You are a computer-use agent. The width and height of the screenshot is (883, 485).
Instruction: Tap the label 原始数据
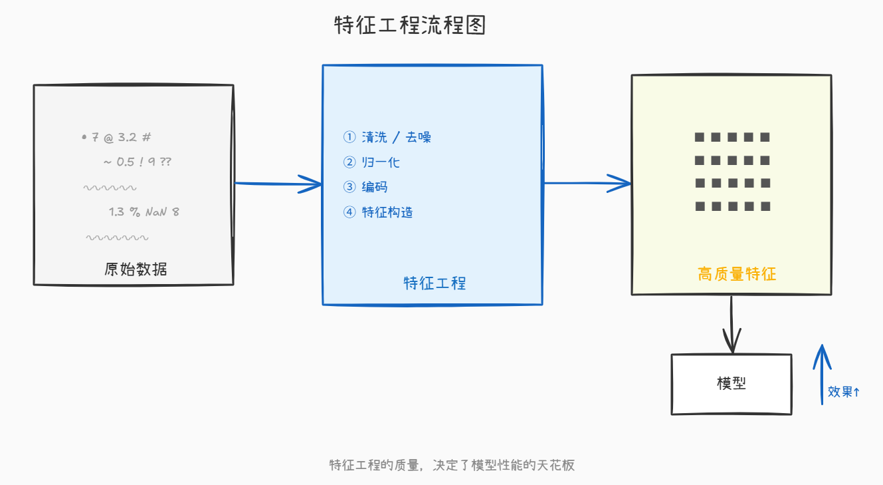pos(136,269)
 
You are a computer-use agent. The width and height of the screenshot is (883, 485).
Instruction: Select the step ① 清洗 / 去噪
pos(387,137)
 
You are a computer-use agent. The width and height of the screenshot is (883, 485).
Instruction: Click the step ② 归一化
pos(371,162)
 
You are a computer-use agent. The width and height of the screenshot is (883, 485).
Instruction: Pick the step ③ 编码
pos(365,187)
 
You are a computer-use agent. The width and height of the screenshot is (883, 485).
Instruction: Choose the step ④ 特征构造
pos(378,212)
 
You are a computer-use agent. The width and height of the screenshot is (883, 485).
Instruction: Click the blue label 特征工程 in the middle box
pos(435,283)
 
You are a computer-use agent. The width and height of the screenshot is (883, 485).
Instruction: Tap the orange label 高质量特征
pos(737,273)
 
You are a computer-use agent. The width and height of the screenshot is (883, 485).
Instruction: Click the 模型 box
pos(731,384)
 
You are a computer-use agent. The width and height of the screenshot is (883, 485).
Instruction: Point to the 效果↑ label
pos(844,392)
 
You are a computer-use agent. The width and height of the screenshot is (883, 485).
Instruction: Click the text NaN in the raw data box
pos(156,212)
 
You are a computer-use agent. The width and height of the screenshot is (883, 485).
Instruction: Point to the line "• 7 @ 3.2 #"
pos(117,138)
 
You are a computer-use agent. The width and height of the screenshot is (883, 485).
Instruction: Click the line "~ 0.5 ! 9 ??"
pos(138,162)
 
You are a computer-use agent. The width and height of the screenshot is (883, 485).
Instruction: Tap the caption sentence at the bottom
pos(452,465)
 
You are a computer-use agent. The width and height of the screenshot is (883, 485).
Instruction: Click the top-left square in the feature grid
pos(700,138)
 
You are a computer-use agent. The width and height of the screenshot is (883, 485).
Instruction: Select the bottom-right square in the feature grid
pos(765,206)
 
